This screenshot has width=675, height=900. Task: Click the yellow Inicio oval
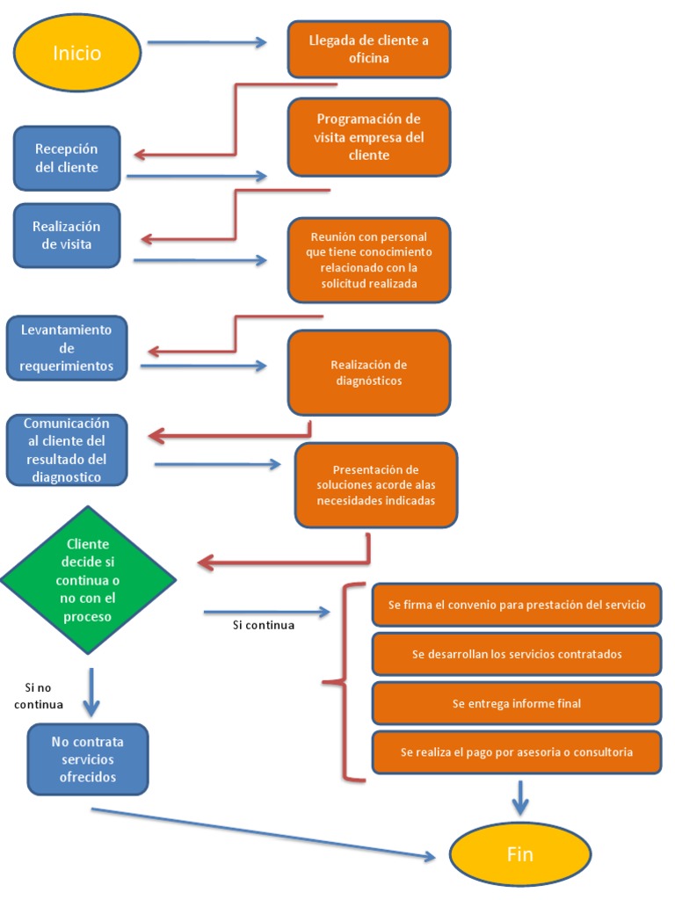click(77, 53)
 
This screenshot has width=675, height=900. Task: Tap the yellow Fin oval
click(519, 853)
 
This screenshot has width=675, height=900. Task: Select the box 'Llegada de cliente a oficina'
click(369, 49)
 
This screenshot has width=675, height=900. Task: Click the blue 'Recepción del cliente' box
click(67, 158)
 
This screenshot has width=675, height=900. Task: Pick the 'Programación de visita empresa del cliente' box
click(369, 137)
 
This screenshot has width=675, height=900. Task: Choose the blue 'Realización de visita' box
click(67, 236)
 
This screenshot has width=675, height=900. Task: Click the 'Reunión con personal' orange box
click(369, 260)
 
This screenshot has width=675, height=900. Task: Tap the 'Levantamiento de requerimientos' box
click(67, 348)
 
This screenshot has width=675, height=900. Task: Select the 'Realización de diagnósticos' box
click(369, 373)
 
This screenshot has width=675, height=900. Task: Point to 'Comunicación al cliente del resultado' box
click(67, 450)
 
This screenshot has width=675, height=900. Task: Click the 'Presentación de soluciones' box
click(376, 485)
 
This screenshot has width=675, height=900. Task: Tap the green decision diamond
click(88, 580)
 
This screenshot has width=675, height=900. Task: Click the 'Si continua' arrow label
click(264, 626)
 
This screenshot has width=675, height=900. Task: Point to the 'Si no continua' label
click(39, 695)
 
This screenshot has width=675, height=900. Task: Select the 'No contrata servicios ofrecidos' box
click(88, 759)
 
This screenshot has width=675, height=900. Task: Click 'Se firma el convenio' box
click(517, 605)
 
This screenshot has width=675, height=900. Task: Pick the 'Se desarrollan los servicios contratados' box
click(517, 654)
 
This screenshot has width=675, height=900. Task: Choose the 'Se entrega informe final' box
click(517, 703)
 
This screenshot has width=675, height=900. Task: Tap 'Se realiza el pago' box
click(517, 752)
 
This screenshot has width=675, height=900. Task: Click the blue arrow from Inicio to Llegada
click(207, 42)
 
